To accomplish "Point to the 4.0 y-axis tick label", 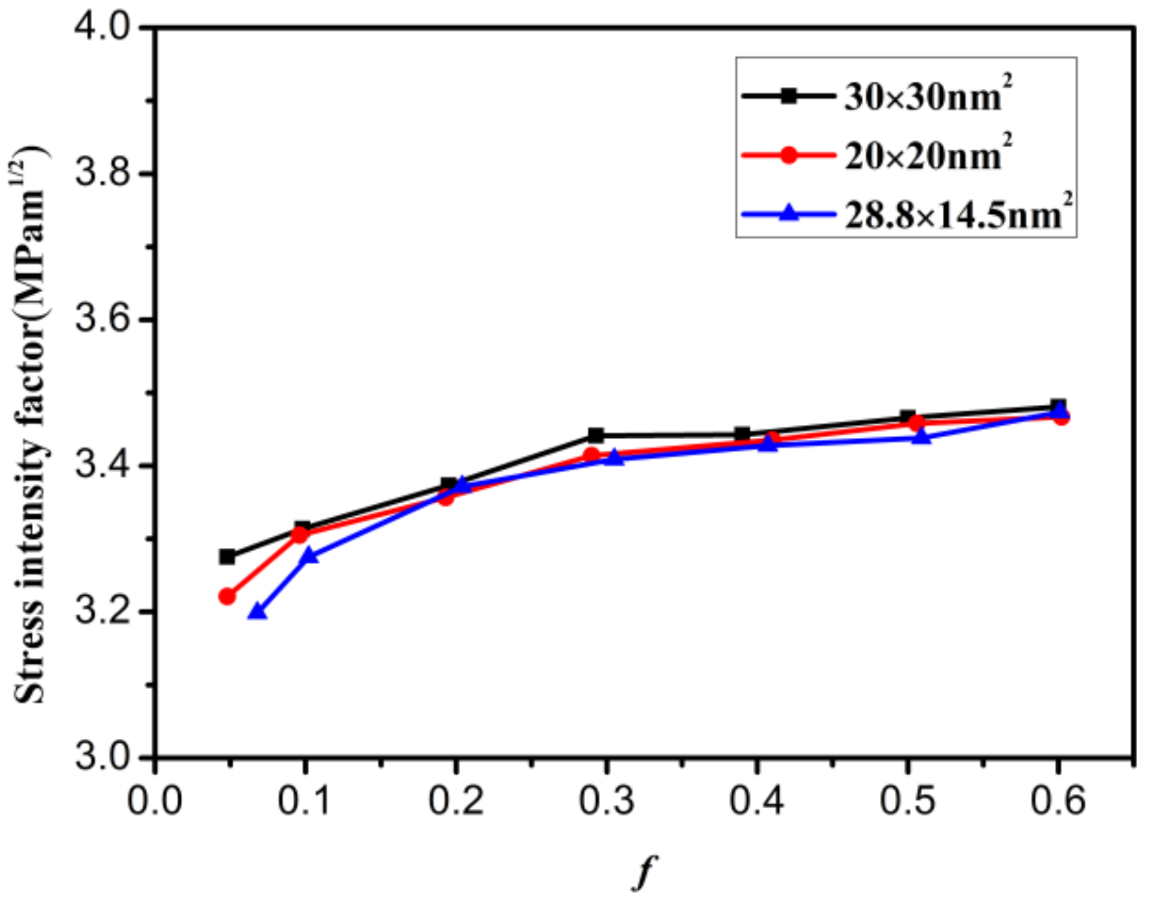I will [102, 29].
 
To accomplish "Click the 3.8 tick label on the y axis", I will [102, 174].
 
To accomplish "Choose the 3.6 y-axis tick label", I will [102, 320].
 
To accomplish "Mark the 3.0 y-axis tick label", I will [102, 758].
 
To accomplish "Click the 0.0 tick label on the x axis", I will [155, 801].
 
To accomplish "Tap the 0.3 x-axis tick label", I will [607, 801].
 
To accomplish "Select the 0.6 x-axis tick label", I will [1058, 801].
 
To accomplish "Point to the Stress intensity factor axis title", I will [30, 425].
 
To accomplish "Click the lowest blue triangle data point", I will [257, 612].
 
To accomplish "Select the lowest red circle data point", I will [227, 596].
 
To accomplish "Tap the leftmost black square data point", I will [227, 557].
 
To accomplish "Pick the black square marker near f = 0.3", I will [595, 435].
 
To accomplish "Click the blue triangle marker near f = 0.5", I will [921, 437].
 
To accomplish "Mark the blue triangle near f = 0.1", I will [309, 557].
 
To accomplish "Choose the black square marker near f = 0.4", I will [742, 434].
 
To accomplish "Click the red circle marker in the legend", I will [788, 156].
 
